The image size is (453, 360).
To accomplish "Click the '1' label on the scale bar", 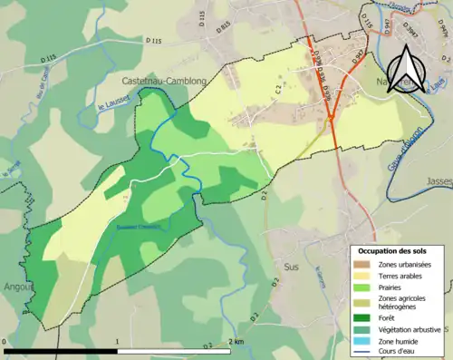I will pos(119,343).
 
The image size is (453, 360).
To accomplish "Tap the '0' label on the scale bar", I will pos(5,343).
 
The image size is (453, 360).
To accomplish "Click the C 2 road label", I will pos(279,88).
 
